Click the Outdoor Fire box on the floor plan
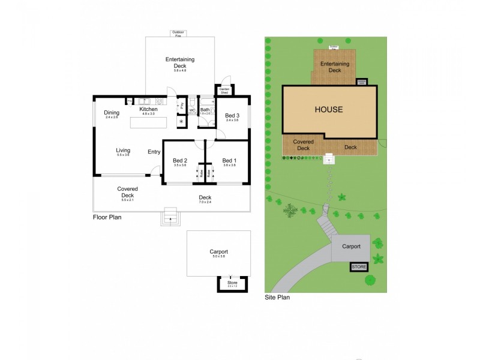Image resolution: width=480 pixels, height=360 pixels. (178, 34)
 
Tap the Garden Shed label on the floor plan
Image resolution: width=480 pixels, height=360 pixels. (225, 91)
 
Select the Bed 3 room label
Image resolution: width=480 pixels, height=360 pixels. (232, 115)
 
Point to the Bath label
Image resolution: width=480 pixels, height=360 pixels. (205, 110)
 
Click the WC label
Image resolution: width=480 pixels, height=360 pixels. (193, 110)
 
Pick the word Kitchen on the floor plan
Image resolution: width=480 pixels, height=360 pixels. (148, 109)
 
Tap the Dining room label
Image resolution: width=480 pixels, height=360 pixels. (112, 112)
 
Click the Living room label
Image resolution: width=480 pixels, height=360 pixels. (123, 151)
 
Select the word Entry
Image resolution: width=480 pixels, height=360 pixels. (154, 152)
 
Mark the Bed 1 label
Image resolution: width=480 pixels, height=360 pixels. (229, 160)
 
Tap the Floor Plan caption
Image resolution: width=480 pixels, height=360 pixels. (107, 218)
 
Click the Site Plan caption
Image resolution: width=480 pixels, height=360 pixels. (277, 297)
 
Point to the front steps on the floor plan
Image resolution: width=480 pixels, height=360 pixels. (171, 215)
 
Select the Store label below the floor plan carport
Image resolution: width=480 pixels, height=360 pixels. (232, 282)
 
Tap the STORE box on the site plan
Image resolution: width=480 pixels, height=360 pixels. (358, 266)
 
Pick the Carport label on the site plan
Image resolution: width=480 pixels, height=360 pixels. (351, 247)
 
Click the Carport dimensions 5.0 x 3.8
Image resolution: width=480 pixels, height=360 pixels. (218, 257)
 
